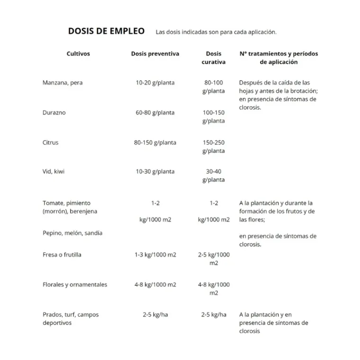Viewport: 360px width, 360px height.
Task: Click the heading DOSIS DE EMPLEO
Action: click(106, 31)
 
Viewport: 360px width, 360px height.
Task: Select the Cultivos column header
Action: click(78, 54)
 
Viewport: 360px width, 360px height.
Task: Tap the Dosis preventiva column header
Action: click(155, 54)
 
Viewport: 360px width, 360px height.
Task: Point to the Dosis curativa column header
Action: click(214, 58)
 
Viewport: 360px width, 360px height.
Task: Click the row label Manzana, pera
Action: click(63, 83)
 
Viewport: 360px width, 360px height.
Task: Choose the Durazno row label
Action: click(54, 113)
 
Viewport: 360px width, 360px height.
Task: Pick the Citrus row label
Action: click(51, 143)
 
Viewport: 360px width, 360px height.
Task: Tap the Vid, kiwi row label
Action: click(54, 171)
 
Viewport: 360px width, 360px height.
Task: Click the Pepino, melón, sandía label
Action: click(72, 233)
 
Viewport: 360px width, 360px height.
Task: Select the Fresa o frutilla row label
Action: click(62, 255)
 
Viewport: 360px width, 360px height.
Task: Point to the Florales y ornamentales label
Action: click(75, 285)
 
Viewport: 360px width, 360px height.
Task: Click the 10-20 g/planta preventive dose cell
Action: click(155, 83)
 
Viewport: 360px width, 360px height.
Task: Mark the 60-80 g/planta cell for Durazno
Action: click(155, 113)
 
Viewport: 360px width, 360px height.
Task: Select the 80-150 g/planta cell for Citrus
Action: click(155, 143)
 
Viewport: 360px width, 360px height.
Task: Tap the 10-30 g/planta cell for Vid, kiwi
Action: click(155, 171)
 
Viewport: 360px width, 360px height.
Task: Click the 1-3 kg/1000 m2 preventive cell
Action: click(155, 255)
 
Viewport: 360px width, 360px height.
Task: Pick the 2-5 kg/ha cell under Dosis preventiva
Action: click(155, 315)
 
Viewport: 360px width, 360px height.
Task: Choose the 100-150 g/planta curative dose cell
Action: click(214, 117)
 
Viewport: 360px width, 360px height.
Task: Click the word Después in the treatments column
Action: click(251, 83)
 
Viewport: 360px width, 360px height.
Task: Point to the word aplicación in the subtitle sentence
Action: click(260, 32)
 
